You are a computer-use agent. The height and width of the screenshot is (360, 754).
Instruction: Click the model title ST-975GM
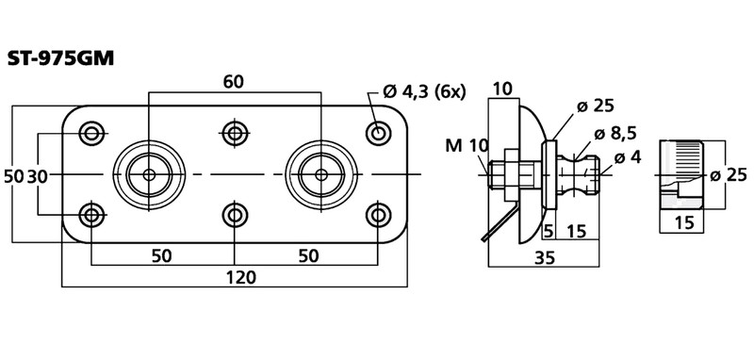point(60,58)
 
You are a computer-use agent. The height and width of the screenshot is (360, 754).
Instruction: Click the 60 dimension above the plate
point(234,82)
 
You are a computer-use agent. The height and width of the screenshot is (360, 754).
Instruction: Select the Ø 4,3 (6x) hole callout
point(424,91)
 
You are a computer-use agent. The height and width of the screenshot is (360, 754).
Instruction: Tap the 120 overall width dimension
point(240,277)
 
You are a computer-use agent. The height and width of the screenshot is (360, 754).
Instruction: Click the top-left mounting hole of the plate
point(90,133)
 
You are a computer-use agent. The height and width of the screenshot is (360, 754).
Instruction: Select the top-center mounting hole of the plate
point(235,133)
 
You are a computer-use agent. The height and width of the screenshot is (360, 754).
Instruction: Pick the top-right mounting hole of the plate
point(378,132)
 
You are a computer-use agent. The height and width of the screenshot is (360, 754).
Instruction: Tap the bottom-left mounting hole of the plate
point(90,216)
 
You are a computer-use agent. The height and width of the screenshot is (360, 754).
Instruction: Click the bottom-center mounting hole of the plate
point(235,216)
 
